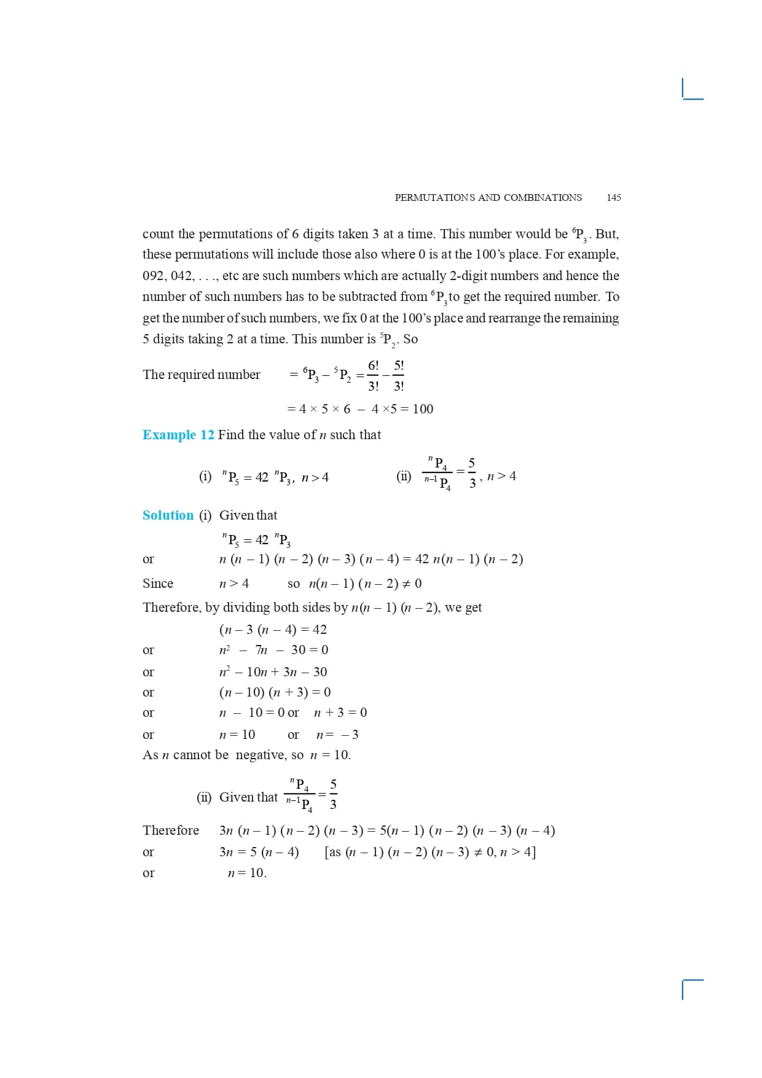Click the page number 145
click(x=613, y=198)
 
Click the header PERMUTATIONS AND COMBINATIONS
click(x=488, y=198)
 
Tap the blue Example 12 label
click(x=178, y=435)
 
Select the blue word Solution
click(x=168, y=515)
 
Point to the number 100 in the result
click(x=423, y=409)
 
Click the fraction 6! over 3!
click(x=373, y=375)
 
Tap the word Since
click(x=158, y=584)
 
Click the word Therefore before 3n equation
click(x=171, y=830)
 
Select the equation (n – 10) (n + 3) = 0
click(x=275, y=692)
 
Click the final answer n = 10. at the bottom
click(x=247, y=873)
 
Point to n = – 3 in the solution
click(x=337, y=735)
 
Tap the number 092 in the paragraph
click(x=153, y=276)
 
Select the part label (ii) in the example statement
click(x=404, y=476)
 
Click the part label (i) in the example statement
click(x=205, y=477)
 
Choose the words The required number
click(x=202, y=375)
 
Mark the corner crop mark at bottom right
click(x=692, y=988)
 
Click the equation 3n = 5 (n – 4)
click(x=259, y=852)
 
